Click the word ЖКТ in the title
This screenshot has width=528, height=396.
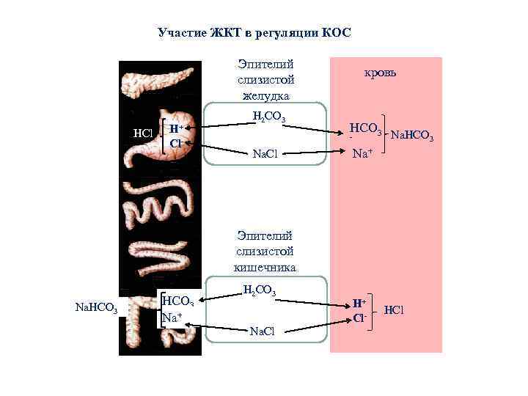[220, 33]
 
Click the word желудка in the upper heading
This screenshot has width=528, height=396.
[265, 95]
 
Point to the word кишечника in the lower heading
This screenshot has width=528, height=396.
[265, 267]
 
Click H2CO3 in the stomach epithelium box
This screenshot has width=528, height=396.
[268, 117]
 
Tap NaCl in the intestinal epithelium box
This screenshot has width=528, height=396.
[263, 331]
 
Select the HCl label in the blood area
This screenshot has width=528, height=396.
[394, 311]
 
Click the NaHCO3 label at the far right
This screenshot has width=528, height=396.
[413, 136]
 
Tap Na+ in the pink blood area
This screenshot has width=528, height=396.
[362, 154]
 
